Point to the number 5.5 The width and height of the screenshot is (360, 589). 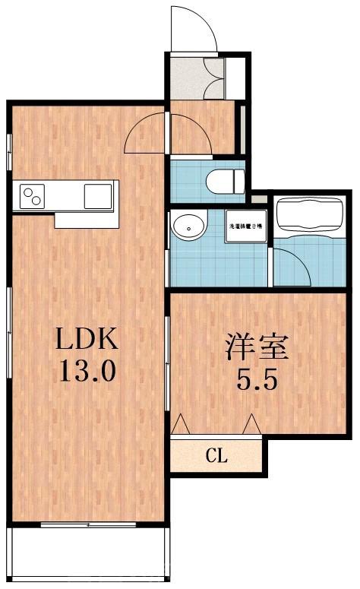(257, 378)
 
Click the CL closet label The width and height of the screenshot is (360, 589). (216, 457)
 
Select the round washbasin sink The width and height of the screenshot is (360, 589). (188, 226)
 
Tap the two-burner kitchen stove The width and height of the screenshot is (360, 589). (33, 196)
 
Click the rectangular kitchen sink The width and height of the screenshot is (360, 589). (97, 195)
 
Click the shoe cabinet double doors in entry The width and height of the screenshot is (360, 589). (215, 78)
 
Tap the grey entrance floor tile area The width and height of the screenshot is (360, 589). (187, 78)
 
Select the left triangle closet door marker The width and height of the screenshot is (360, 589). (182, 424)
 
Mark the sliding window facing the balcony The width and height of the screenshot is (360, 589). (87, 524)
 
